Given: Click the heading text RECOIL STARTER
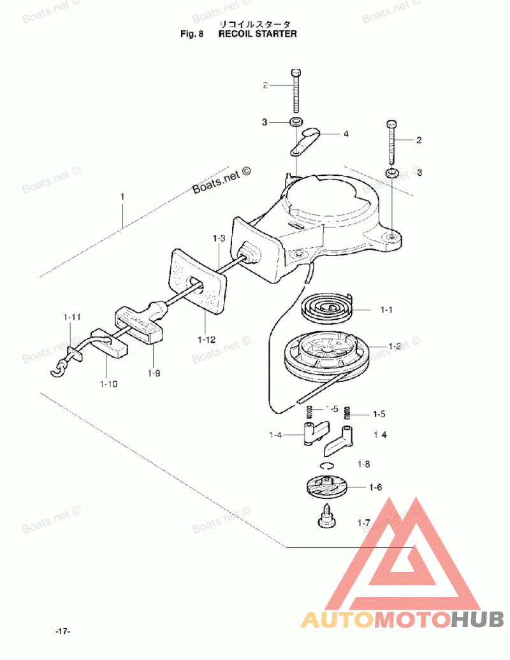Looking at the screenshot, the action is tap(258, 34).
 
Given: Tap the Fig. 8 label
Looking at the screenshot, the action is tap(191, 34).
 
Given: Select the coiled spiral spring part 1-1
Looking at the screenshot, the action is tap(326, 307).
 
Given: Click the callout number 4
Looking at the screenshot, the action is tap(346, 134).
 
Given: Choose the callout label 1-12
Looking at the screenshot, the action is tap(206, 340).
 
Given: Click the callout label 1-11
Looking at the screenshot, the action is tap(71, 316).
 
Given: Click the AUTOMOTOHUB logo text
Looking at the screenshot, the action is tap(402, 618).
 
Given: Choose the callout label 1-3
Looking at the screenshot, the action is tap(219, 238).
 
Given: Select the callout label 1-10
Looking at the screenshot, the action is tap(108, 384).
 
